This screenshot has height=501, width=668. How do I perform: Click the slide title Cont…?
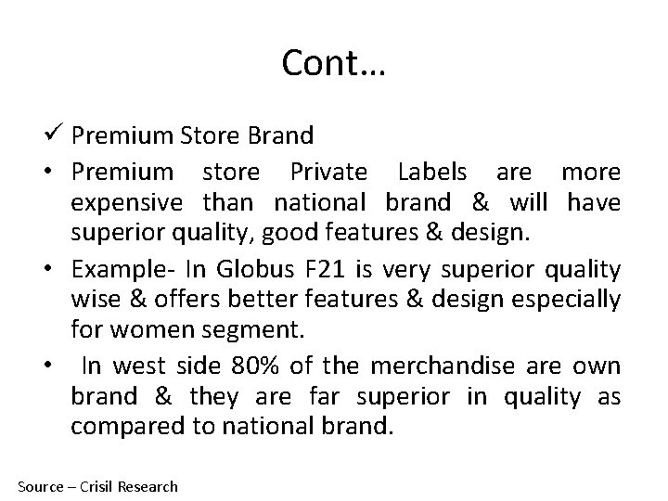coord(334,63)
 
